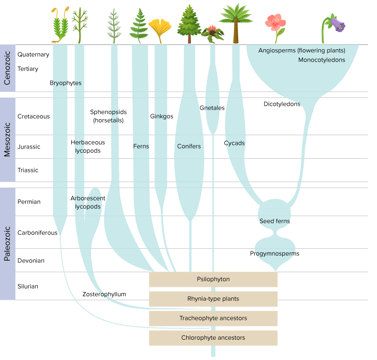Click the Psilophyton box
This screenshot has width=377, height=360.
(213, 279)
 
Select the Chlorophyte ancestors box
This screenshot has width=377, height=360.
(213, 338)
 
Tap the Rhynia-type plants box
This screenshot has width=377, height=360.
(213, 299)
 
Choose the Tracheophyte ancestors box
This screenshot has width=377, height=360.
(213, 318)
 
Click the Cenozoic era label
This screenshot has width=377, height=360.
(8, 68)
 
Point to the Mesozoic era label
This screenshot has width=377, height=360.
(8, 139)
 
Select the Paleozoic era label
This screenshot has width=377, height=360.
(8, 244)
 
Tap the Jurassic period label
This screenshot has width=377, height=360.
(29, 147)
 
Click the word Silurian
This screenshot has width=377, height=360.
(28, 286)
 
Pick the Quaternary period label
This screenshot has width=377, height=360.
(33, 54)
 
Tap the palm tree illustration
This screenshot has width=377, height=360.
(235, 23)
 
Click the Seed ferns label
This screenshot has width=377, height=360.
(274, 221)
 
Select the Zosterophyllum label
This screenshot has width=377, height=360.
(104, 294)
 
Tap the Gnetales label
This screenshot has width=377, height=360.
(212, 108)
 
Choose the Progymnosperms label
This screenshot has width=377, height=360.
(274, 254)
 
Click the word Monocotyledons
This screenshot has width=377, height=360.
(321, 60)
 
